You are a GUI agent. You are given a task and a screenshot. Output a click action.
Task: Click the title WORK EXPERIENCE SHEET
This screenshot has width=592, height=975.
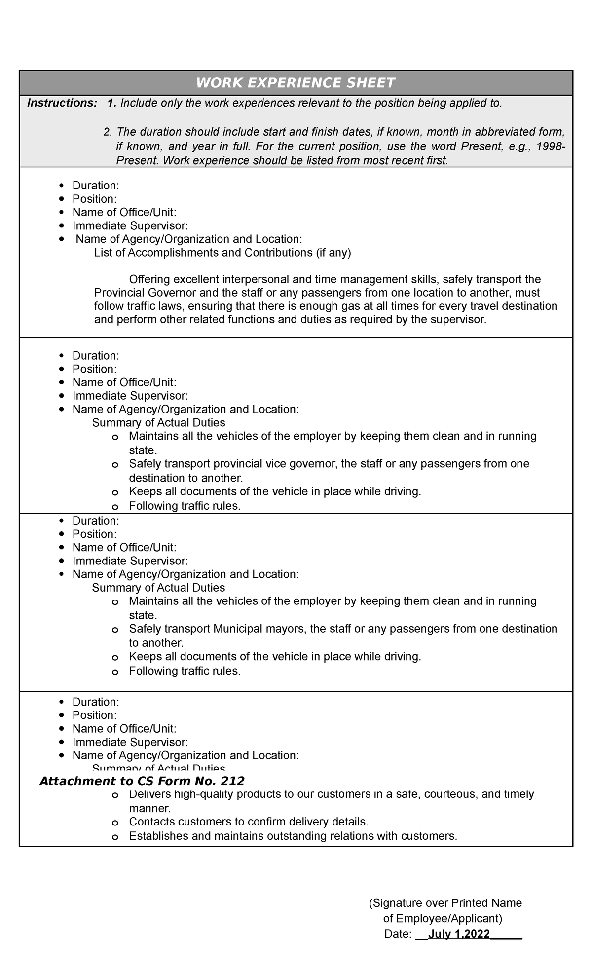click(x=296, y=83)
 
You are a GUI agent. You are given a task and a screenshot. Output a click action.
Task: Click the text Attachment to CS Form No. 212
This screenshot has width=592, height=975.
click(x=142, y=781)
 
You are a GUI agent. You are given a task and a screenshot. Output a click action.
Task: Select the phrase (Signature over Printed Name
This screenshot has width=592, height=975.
click(x=445, y=903)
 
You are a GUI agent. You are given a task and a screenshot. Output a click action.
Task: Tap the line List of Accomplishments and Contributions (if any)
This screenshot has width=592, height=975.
click(x=222, y=253)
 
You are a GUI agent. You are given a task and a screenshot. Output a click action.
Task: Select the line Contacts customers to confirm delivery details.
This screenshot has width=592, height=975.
click(x=249, y=822)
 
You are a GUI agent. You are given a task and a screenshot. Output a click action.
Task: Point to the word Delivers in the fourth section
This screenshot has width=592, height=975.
click(x=147, y=794)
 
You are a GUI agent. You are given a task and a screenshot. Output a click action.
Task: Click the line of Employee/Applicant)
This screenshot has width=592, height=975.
click(x=443, y=918)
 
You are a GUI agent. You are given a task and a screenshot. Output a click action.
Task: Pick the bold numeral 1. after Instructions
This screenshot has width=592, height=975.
click(x=112, y=103)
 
